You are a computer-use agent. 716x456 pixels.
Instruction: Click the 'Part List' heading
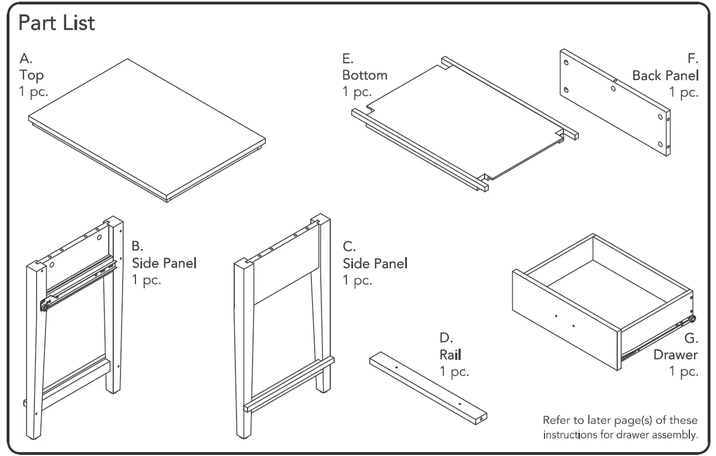point(57,24)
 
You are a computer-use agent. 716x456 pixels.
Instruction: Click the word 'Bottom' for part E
point(365,75)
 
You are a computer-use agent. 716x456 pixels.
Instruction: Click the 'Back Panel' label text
point(665,75)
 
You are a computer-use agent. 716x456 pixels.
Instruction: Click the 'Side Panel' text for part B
point(164,263)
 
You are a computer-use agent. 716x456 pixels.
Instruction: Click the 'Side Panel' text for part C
point(375,263)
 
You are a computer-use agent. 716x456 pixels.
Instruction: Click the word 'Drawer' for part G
point(675,354)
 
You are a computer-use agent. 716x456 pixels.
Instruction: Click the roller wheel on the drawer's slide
point(692,319)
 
